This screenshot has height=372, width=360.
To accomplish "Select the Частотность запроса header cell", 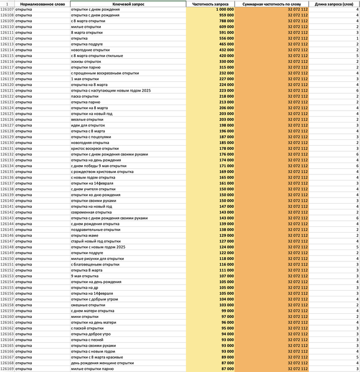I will click(x=210, y=4).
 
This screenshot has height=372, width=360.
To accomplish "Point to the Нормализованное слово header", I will click(x=42, y=4).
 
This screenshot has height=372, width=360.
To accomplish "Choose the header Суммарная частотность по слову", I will click(x=272, y=4).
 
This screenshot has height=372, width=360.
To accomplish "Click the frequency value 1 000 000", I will click(x=225, y=10).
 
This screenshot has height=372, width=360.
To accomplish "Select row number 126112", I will click(x=7, y=39).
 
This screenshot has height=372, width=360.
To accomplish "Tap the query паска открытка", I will click(x=84, y=96).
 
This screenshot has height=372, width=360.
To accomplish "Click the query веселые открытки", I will click(x=87, y=119).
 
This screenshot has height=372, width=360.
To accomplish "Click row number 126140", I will click(x=7, y=201).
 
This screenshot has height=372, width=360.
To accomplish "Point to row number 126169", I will click(x=7, y=368).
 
